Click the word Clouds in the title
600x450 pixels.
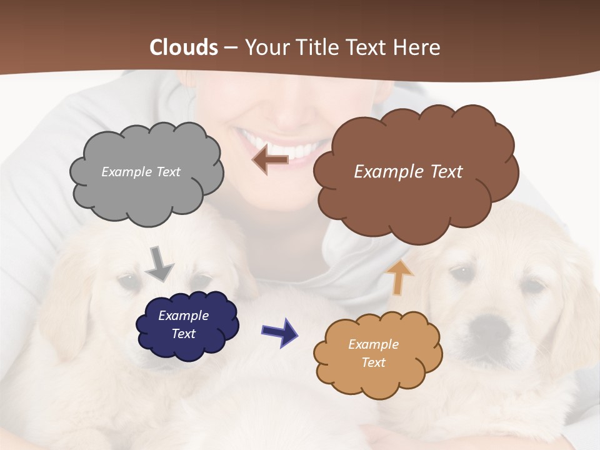184,47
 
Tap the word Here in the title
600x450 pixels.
419,47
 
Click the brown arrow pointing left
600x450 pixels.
270,160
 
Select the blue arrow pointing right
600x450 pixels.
279,331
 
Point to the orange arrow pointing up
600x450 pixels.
399,277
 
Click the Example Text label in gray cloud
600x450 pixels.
141,172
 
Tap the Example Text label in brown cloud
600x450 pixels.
408,172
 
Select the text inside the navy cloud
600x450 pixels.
183,324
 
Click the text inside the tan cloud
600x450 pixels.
373,353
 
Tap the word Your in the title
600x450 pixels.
265,47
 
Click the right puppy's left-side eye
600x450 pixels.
461,273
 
